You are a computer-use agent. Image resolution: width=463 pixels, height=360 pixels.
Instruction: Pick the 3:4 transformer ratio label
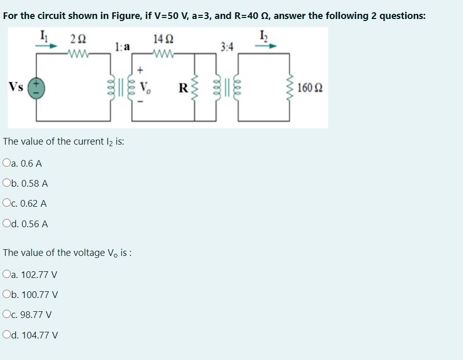pos(227,48)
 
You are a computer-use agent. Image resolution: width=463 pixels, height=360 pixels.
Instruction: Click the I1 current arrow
pos(46,45)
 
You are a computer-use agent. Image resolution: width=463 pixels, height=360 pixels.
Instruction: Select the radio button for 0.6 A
pos(6,164)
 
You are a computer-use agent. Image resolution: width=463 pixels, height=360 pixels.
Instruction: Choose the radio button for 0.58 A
pos(6,183)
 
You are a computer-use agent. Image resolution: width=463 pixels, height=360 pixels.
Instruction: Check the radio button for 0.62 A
pos(6,203)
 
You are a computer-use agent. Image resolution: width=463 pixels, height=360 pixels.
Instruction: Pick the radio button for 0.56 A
pos(6,224)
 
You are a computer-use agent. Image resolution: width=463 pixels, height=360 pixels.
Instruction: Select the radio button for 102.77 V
pos(6,274)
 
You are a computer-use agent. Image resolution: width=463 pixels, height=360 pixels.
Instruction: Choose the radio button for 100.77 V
pos(6,295)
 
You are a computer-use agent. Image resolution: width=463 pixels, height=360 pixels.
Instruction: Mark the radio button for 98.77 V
pos(6,315)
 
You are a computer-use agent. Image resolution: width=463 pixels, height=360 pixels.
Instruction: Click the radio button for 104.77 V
pos(6,335)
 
